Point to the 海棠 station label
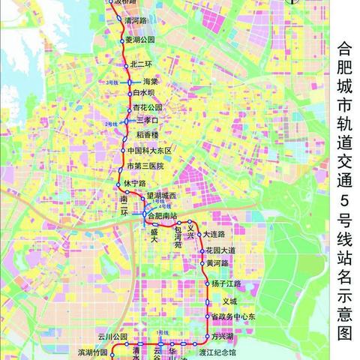[150, 82]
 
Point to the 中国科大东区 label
[151, 151]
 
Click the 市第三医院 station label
[145, 165]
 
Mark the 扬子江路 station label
[226, 283]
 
